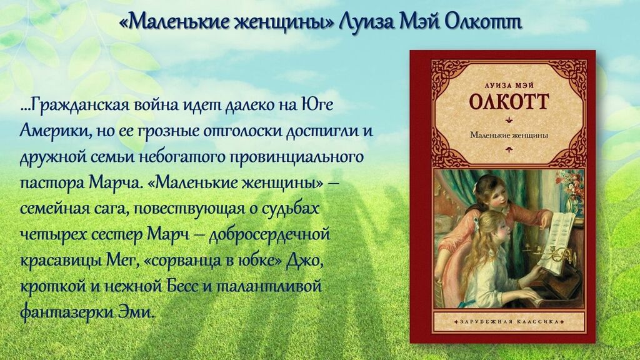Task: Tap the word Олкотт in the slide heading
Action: click(483, 23)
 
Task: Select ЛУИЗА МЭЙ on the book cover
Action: click(509, 85)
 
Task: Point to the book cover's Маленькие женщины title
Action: click(509, 135)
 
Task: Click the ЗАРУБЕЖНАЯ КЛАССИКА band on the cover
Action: click(509, 322)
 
